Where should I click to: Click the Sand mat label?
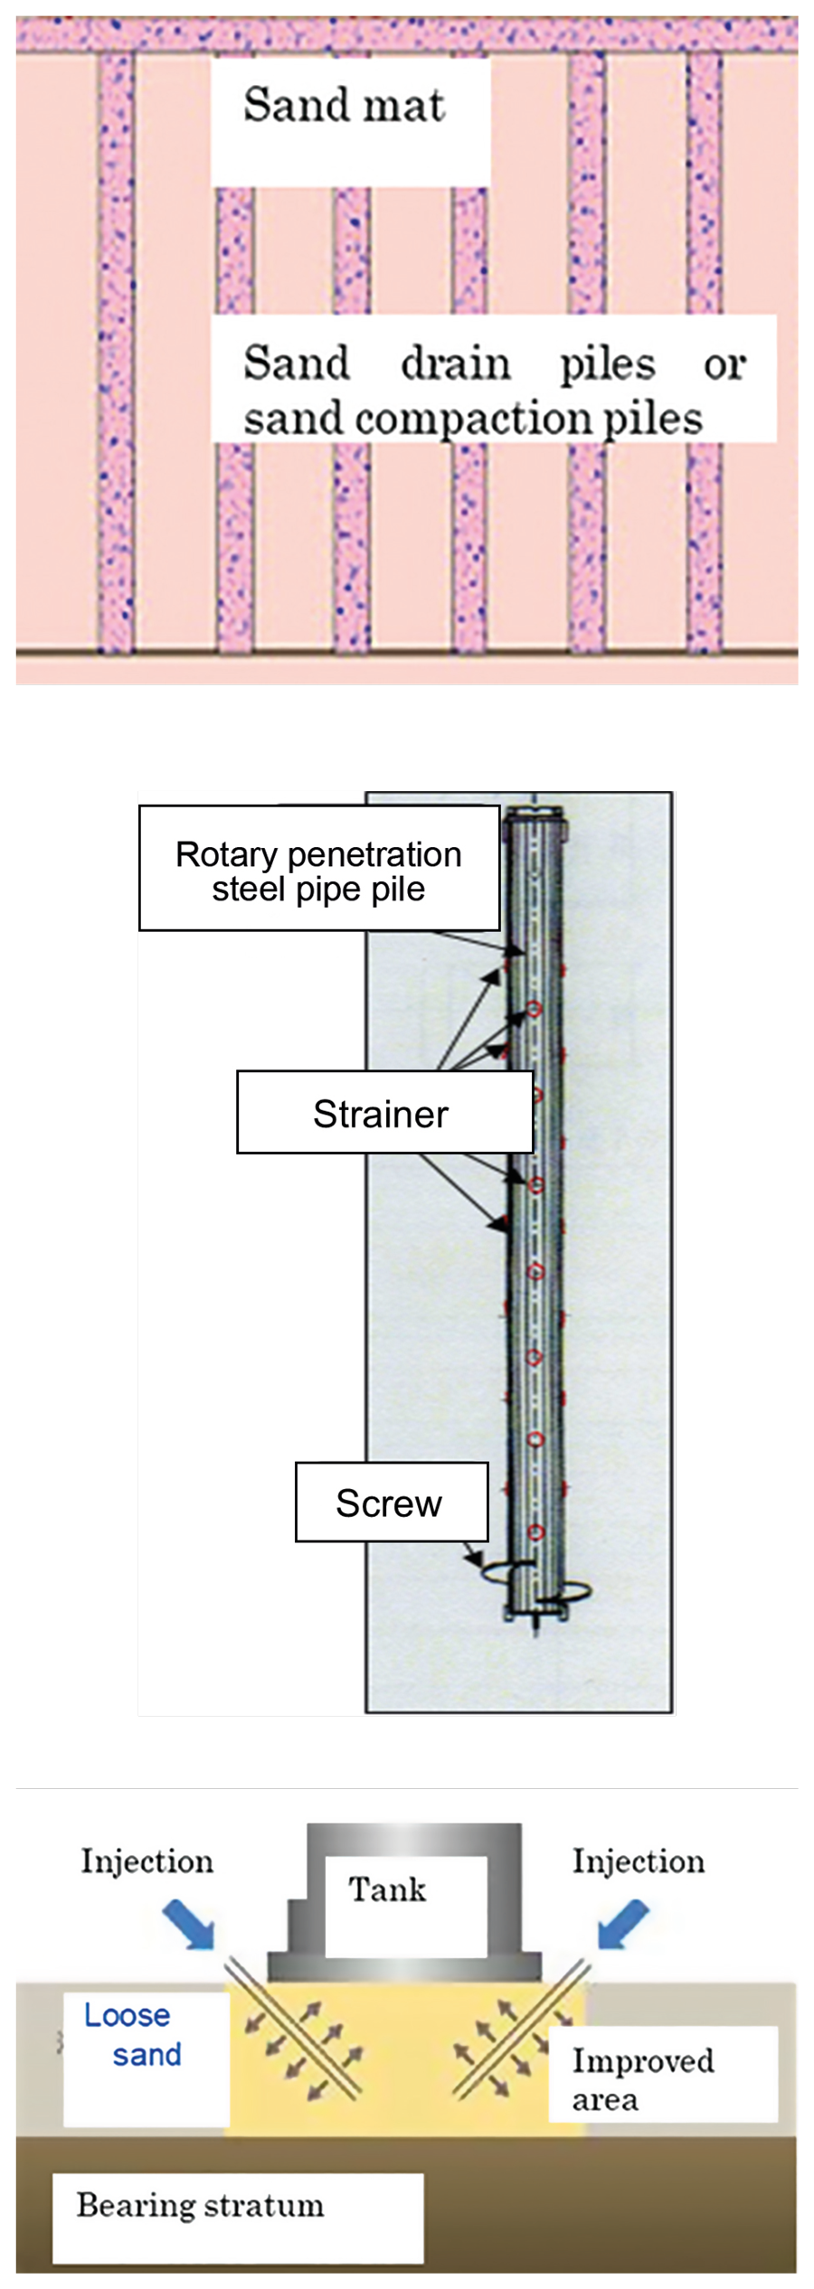(x=344, y=105)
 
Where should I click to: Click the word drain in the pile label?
(x=456, y=363)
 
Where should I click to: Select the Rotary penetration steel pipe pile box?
(x=318, y=869)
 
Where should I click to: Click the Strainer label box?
(x=383, y=1113)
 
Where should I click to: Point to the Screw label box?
(x=391, y=1502)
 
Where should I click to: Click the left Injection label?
(x=147, y=1861)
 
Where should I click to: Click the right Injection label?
(x=638, y=1861)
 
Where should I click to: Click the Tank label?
(x=387, y=1889)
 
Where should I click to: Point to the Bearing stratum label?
(x=201, y=2205)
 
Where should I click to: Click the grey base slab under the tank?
(x=404, y=1966)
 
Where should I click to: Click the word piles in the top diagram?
(x=607, y=363)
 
